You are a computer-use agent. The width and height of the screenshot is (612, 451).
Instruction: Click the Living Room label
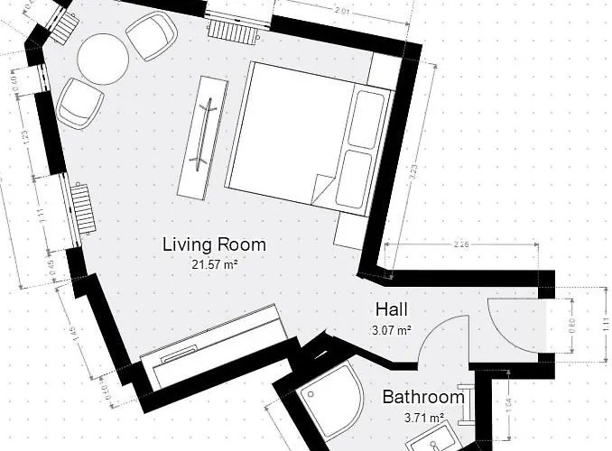tap(214, 244)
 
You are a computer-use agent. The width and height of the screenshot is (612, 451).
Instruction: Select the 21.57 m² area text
tap(214, 265)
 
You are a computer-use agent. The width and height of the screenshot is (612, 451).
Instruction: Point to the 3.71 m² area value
tap(423, 418)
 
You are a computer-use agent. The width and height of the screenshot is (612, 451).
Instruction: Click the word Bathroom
tap(422, 397)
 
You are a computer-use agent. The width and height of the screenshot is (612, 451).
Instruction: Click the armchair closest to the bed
tap(151, 37)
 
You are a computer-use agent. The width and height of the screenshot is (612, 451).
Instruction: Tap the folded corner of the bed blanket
tap(323, 190)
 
